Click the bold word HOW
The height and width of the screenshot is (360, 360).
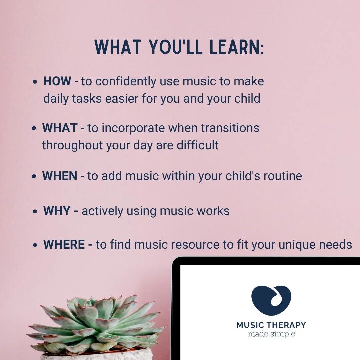(x=57, y=81)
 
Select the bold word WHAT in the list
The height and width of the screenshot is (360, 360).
(x=60, y=128)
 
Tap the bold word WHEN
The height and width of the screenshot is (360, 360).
(x=60, y=176)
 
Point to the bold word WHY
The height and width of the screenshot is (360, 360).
(x=57, y=211)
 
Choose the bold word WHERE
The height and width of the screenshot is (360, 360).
(x=64, y=245)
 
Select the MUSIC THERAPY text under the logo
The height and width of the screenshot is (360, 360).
(x=271, y=325)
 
